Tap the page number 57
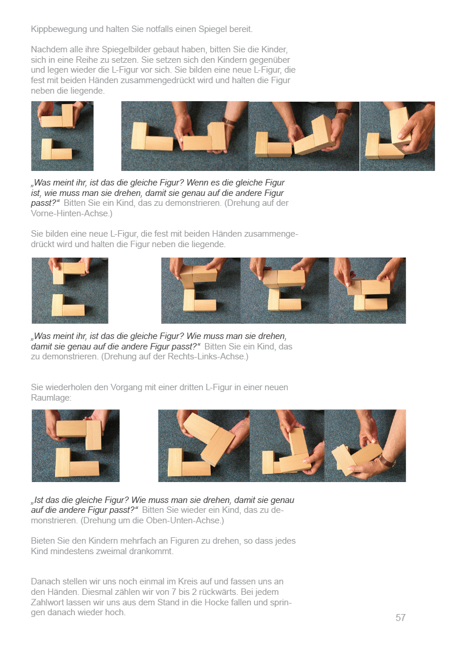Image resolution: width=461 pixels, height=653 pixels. pyautogui.click(x=400, y=618)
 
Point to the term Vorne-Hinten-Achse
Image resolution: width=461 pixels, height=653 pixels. pyautogui.click(x=69, y=213)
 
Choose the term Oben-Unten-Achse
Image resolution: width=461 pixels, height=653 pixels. pyautogui.click(x=183, y=520)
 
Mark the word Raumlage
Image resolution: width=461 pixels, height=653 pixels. pyautogui.click(x=51, y=398)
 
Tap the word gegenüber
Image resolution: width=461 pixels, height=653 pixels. pyautogui.click(x=269, y=60)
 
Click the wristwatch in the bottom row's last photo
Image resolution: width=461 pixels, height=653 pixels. pyautogui.click(x=387, y=461)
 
